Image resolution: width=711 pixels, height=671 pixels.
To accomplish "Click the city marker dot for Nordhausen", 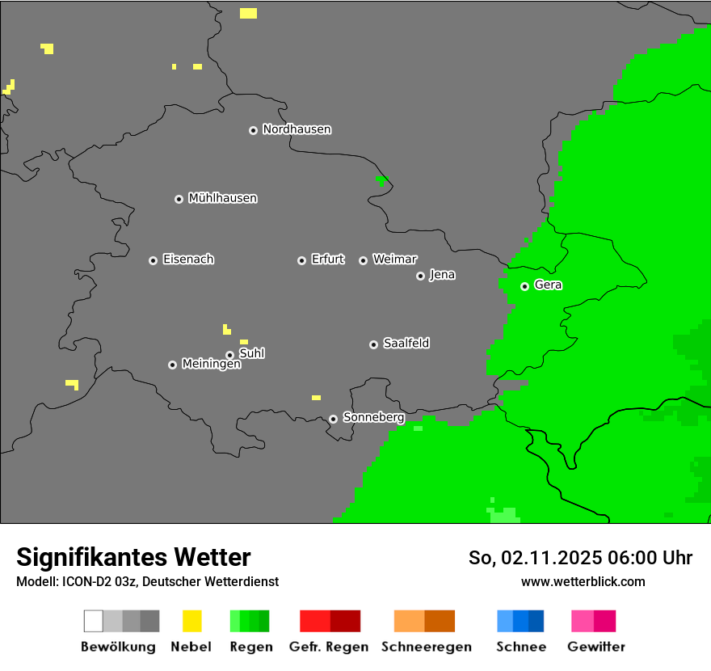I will [x=253, y=130].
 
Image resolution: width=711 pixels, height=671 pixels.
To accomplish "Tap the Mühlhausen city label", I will [x=222, y=198].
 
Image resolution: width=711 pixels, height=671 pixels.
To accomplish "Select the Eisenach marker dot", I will [x=153, y=260].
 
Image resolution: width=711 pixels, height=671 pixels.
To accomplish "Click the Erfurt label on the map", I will [x=327, y=260].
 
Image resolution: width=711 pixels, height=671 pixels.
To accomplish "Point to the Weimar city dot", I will [x=363, y=260].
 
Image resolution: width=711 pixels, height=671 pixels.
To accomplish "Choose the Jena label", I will [x=442, y=275].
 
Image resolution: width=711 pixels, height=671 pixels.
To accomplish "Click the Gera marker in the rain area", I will [x=524, y=286].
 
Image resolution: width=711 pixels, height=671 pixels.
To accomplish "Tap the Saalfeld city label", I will [x=406, y=344].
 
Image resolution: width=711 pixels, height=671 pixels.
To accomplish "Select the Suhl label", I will [x=251, y=353].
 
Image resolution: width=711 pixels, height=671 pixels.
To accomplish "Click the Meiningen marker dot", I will [x=172, y=365].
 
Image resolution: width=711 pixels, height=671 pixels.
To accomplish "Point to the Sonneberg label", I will [x=373, y=417].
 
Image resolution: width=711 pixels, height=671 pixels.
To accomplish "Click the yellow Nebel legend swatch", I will [x=191, y=621].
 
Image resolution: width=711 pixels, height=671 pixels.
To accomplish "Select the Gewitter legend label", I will [x=595, y=647].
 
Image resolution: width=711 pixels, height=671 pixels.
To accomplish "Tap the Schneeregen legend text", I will [x=426, y=647].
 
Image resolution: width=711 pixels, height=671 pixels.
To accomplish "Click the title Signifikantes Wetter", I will [x=133, y=557].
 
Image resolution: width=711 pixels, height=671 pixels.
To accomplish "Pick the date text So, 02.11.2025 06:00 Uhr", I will [x=580, y=558].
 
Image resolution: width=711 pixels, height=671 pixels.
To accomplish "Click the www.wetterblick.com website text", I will [x=583, y=581].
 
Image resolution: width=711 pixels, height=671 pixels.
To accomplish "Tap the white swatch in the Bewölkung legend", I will [x=94, y=621].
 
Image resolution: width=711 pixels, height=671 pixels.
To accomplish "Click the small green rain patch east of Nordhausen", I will [x=382, y=179].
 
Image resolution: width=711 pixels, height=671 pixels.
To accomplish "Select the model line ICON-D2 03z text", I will [x=147, y=581].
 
